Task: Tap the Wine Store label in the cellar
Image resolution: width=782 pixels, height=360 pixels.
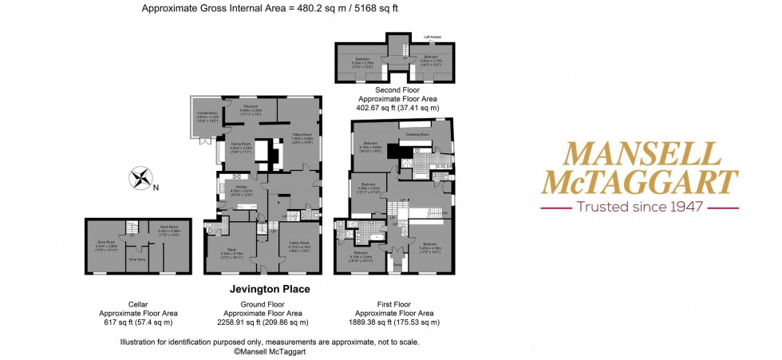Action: pyautogui.click(x=136, y=259)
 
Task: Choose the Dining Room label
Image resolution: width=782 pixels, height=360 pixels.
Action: pyautogui.click(x=241, y=144)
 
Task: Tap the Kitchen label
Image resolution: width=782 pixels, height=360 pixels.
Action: pyautogui.click(x=241, y=187)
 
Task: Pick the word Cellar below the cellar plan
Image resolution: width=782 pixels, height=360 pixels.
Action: pyautogui.click(x=137, y=304)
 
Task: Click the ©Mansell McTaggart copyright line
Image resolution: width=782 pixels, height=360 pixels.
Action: pyautogui.click(x=269, y=350)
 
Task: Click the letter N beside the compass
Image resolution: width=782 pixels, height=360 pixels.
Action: pyautogui.click(x=156, y=188)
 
